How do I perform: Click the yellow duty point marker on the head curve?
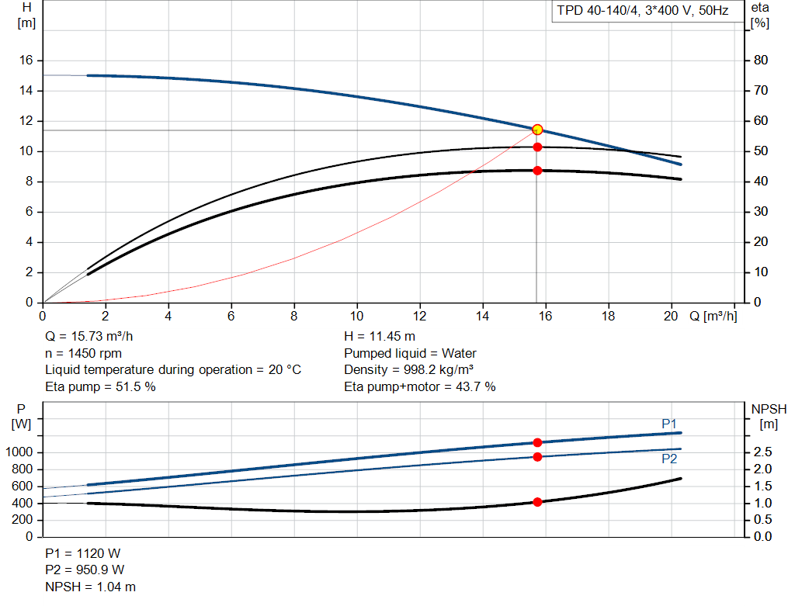click(x=537, y=130)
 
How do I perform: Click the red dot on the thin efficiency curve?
click(x=537, y=147)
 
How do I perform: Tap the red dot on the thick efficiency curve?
click(x=537, y=170)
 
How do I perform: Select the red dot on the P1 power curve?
click(x=537, y=442)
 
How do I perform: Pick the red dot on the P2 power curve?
click(x=537, y=456)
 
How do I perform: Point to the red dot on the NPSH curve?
click(x=537, y=502)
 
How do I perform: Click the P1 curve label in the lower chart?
click(x=668, y=423)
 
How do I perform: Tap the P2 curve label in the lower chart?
click(x=668, y=459)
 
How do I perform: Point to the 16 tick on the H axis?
click(x=25, y=61)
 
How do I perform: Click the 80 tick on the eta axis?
click(x=760, y=61)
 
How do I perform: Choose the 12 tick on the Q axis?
click(x=419, y=317)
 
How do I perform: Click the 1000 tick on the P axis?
click(x=21, y=452)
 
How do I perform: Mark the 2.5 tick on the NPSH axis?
click(x=762, y=452)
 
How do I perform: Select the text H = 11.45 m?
click(x=379, y=337)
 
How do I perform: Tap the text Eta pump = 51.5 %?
click(x=100, y=386)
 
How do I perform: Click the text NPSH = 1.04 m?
click(x=90, y=587)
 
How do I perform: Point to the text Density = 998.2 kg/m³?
click(x=409, y=370)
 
